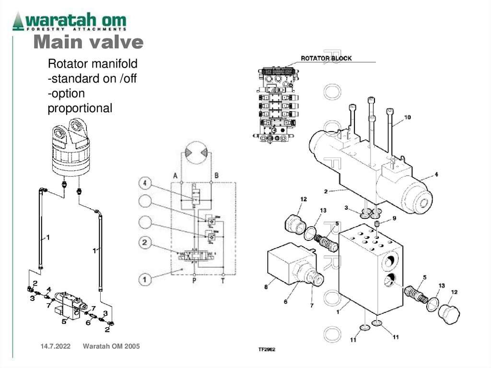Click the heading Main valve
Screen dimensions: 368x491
coord(88,43)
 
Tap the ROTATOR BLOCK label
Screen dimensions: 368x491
coord(326,59)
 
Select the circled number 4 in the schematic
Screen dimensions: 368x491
coord(146,183)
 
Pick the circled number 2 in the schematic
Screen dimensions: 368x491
coord(146,244)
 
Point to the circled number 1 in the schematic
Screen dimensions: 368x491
coord(146,278)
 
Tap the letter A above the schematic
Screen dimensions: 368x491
coord(175,176)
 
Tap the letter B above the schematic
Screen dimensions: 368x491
coord(217,176)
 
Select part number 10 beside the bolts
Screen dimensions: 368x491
coord(408,117)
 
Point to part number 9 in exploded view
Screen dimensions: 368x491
coord(394,218)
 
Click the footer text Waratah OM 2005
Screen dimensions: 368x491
coord(111,346)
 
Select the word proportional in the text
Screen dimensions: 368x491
coord(80,108)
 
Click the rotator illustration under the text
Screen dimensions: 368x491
coord(71,149)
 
